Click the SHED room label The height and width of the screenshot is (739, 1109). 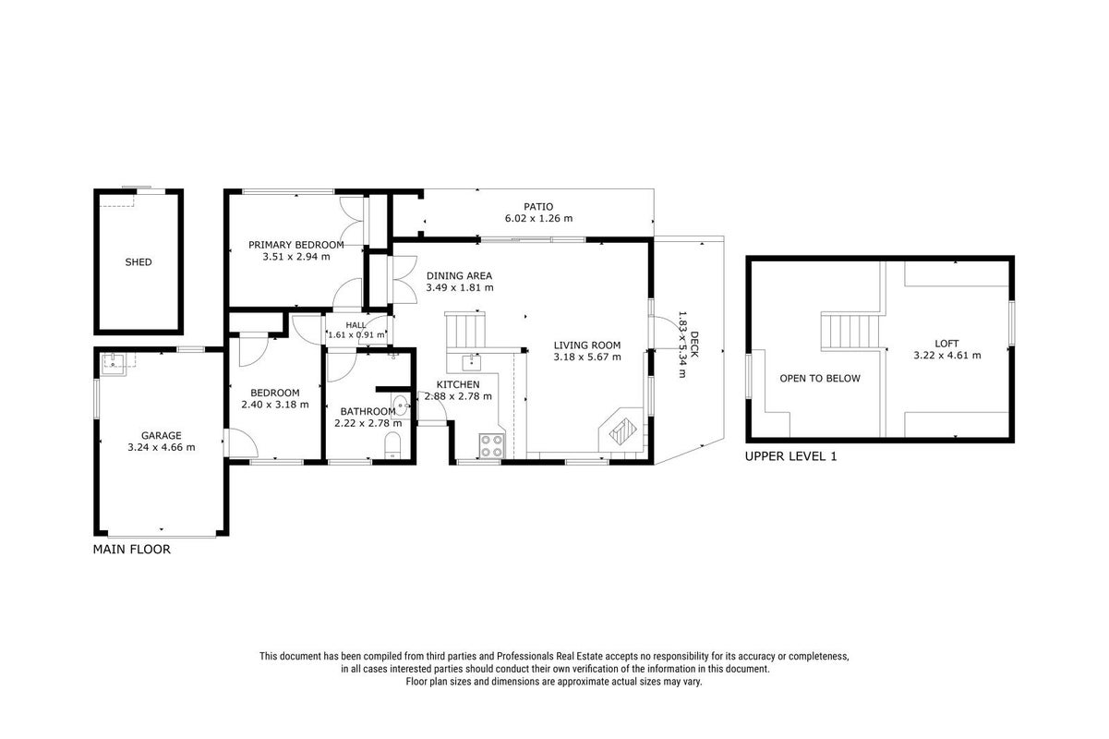tap(139, 262)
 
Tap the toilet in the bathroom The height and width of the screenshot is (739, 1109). tap(392, 445)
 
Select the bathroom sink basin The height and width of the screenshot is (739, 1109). tap(401, 406)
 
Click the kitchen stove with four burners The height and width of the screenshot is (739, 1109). tap(491, 445)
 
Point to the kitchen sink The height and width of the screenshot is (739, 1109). tap(471, 362)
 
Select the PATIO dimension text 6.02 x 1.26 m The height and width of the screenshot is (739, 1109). tap(538, 218)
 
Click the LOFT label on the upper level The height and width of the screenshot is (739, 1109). tap(946, 344)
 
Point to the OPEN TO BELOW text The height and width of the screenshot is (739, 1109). tap(820, 379)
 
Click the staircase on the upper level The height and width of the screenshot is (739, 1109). tap(850, 331)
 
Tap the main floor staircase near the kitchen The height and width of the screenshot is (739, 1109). tap(464, 330)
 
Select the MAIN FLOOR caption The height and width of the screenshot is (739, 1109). tap(132, 550)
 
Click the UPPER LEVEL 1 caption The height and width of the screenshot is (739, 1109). tap(790, 456)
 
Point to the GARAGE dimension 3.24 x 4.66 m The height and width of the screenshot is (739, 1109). tap(162, 447)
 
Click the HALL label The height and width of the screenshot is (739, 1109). tap(356, 325)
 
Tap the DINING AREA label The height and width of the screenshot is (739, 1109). tap(460, 276)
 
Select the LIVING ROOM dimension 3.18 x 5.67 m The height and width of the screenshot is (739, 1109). tap(587, 357)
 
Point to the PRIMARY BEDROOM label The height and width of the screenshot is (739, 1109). tap(296, 245)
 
